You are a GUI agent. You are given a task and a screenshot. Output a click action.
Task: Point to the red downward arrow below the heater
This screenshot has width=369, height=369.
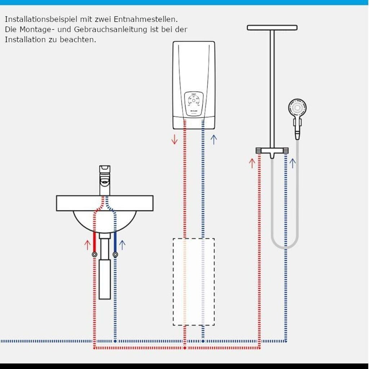[174, 139]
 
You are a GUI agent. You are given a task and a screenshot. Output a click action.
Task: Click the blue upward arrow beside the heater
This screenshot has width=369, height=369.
[214, 139]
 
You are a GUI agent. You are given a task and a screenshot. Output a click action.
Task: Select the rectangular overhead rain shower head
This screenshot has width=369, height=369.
[272, 27]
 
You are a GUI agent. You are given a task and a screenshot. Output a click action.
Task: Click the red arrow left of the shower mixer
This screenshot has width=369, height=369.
[252, 163]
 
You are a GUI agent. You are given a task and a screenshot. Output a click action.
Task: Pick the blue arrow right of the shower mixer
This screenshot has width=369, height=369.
[293, 163]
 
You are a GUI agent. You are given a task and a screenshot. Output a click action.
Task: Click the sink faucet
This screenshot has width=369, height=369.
[105, 180]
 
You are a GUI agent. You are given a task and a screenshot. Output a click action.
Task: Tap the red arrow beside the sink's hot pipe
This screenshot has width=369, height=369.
[87, 245]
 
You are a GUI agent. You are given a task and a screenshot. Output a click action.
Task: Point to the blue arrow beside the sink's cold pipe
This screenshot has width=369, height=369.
[122, 245]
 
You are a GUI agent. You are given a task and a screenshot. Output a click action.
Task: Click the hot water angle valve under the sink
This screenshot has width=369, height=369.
[94, 254]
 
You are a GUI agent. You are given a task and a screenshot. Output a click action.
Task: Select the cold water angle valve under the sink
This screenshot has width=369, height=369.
[115, 254]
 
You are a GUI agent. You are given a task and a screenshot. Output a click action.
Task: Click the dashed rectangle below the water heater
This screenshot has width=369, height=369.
[194, 281]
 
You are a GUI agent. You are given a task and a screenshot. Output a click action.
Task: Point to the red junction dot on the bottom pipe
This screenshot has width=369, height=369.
[184, 348]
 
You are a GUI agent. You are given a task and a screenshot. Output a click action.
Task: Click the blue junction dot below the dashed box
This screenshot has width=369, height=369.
[203, 341]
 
